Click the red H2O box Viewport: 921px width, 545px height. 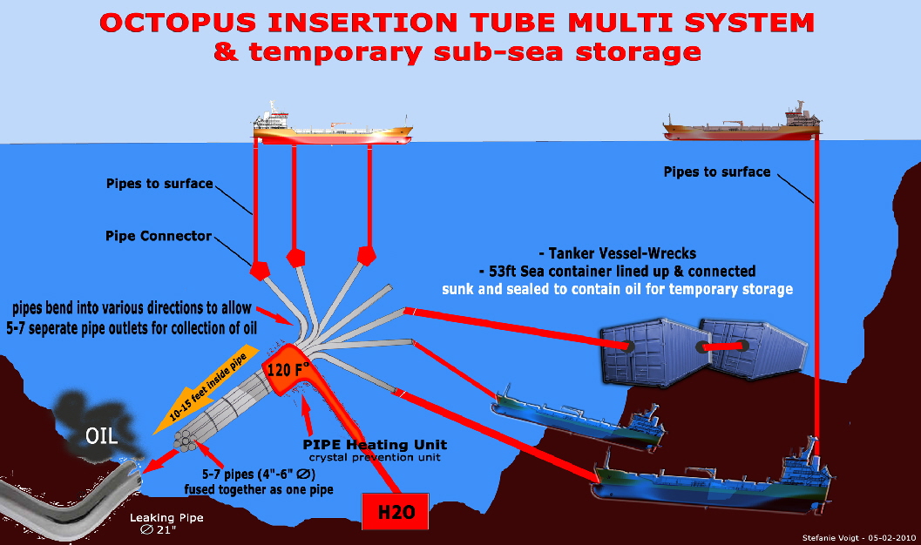(x=396, y=511)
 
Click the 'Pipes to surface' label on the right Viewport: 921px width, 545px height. (x=717, y=172)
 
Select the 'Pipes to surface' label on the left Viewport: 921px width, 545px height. (x=159, y=184)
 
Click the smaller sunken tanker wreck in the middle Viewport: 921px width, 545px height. (x=575, y=419)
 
